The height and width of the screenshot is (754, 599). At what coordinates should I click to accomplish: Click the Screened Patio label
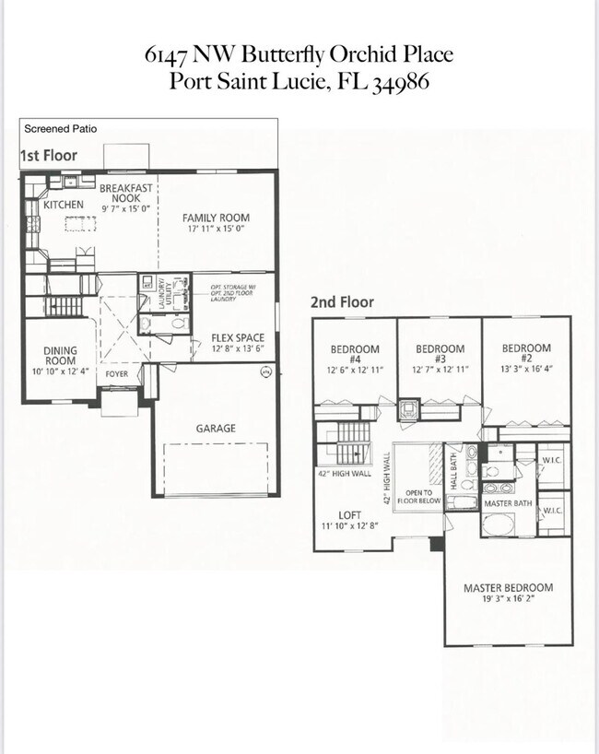[60, 129]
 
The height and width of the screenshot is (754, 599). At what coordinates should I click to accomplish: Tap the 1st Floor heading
[49, 155]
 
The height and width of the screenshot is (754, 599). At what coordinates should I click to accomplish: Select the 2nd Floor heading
[342, 301]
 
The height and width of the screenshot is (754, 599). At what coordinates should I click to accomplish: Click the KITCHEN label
[64, 205]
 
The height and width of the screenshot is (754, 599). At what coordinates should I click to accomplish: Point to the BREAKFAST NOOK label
[126, 193]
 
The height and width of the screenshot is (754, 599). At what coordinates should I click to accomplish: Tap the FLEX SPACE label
[239, 338]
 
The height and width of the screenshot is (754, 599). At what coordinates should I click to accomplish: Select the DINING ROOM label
[60, 356]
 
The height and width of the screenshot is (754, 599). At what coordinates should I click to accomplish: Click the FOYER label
[116, 375]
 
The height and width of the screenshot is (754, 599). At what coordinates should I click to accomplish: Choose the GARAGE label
[215, 428]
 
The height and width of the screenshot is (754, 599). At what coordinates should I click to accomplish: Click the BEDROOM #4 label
[355, 354]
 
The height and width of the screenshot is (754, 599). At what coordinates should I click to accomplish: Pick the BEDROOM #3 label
[440, 354]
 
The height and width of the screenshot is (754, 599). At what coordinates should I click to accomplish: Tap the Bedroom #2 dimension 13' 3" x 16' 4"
[526, 369]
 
